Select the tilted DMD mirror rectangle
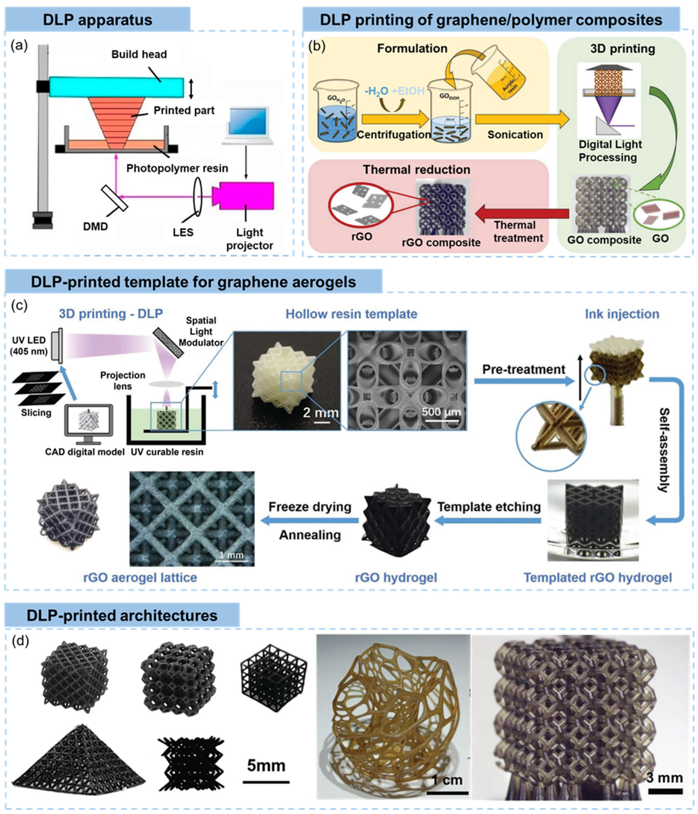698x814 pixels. (x=114, y=198)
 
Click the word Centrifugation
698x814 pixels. (x=393, y=135)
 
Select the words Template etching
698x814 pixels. (x=489, y=507)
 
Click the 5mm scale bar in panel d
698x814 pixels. (x=266, y=782)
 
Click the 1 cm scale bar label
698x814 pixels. (x=447, y=780)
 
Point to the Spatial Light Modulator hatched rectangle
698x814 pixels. (x=168, y=343)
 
